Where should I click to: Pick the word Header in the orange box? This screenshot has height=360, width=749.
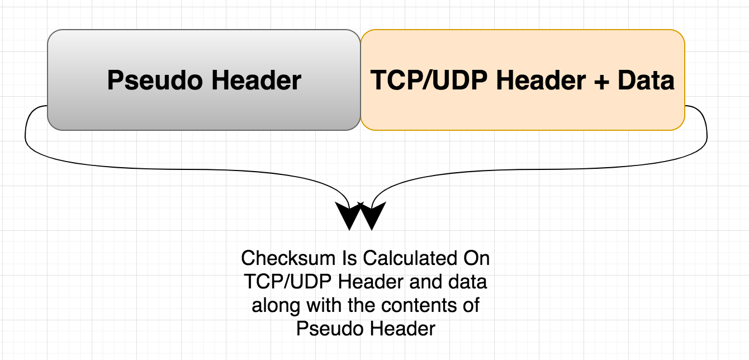click(x=537, y=81)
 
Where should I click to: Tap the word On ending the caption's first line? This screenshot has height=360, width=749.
click(x=477, y=259)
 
